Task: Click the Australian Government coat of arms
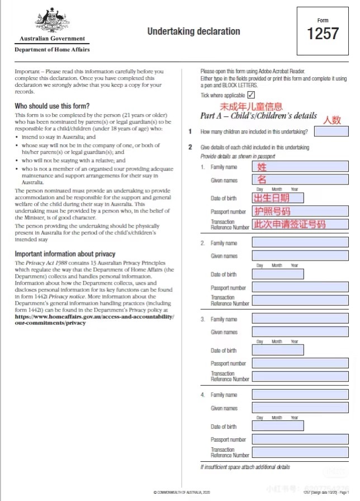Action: pos(52,21)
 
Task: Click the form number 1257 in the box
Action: pos(323,34)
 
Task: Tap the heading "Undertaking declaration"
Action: pos(193,31)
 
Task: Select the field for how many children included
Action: pos(331,132)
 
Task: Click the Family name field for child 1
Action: pos(300,167)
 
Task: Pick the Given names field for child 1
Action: pos(300,179)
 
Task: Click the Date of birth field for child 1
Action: pos(278,197)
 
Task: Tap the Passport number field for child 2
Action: pos(300,287)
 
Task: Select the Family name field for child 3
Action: pos(300,319)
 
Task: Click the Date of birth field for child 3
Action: pos(278,350)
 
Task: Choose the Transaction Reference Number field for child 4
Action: pos(300,452)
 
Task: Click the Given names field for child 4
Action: pos(300,408)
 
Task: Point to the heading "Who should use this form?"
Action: pos(52,106)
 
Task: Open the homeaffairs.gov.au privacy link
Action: pos(94,320)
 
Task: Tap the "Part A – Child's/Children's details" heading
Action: pos(258,116)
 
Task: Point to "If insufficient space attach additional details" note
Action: pos(245,467)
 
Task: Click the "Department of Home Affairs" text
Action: pos(52,50)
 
